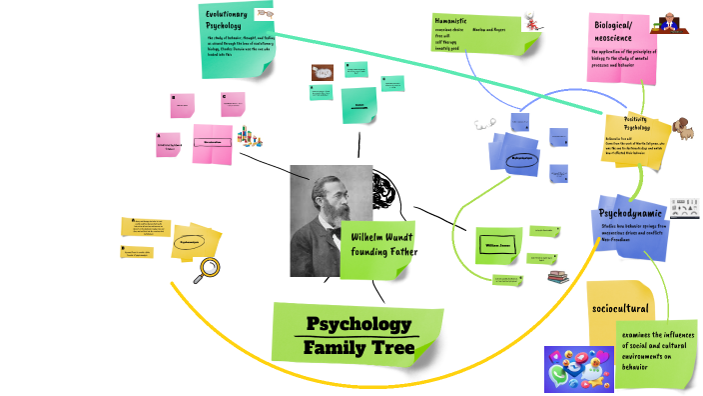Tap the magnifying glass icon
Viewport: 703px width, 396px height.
(209, 268)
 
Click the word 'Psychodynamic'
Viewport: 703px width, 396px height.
(630, 214)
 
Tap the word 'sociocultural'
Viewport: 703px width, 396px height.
(620, 308)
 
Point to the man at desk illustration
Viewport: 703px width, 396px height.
(669, 23)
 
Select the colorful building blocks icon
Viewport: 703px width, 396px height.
(251, 135)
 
